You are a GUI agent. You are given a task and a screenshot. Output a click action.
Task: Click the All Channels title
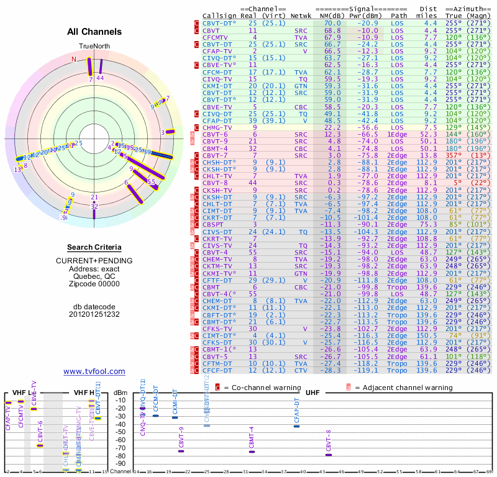point(94,32)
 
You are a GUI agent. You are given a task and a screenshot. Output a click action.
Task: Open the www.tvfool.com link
point(94,371)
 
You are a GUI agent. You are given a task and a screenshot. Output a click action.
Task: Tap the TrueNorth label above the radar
point(94,47)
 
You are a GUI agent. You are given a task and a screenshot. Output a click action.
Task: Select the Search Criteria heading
point(94,247)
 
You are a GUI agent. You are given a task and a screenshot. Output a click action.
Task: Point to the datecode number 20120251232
point(94,314)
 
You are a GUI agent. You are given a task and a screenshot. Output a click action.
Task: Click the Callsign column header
point(219,16)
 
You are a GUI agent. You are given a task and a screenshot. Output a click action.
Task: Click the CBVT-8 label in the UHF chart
point(329,440)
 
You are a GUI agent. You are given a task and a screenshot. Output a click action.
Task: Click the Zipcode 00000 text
point(94,284)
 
